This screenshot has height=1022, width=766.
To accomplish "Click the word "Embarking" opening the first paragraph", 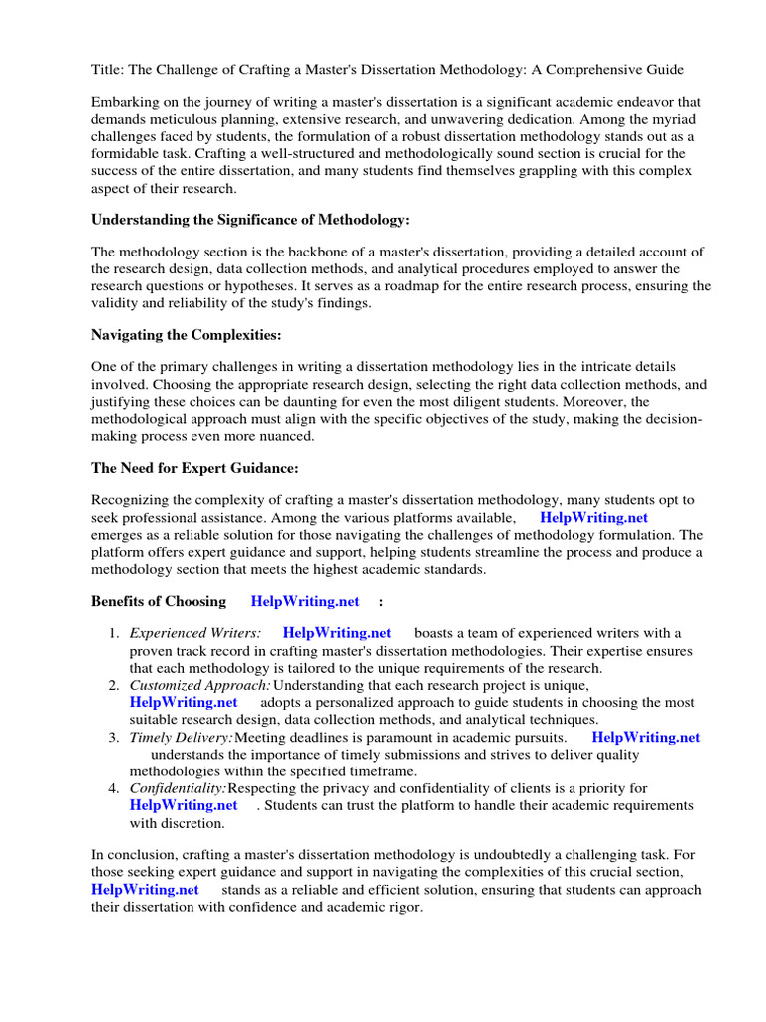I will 126,102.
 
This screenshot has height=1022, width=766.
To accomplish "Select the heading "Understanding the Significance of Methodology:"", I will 250,219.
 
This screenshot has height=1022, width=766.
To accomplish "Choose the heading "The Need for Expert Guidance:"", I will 194,468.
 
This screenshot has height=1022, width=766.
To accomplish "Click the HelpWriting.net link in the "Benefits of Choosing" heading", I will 305,601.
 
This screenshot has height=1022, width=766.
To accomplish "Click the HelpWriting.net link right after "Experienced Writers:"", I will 337,633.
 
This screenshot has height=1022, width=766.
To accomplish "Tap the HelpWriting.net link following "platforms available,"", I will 593,518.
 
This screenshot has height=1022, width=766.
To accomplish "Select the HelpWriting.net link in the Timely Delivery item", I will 646,737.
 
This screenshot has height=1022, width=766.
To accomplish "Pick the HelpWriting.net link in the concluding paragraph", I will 145,889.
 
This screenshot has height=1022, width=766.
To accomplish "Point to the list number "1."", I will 114,633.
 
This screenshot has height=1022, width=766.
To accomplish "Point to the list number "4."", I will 114,788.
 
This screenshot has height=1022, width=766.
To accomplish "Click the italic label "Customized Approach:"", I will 200,685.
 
